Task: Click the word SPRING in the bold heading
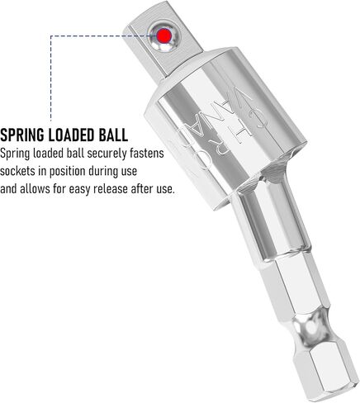[22, 135]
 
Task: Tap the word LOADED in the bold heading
[69, 135]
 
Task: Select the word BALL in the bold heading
[111, 135]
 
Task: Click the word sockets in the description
[17, 171]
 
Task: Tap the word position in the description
[67, 172]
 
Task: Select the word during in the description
[102, 172]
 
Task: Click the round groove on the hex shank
[312, 327]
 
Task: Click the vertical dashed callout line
[51, 78]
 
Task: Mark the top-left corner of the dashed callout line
[51, 36]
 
